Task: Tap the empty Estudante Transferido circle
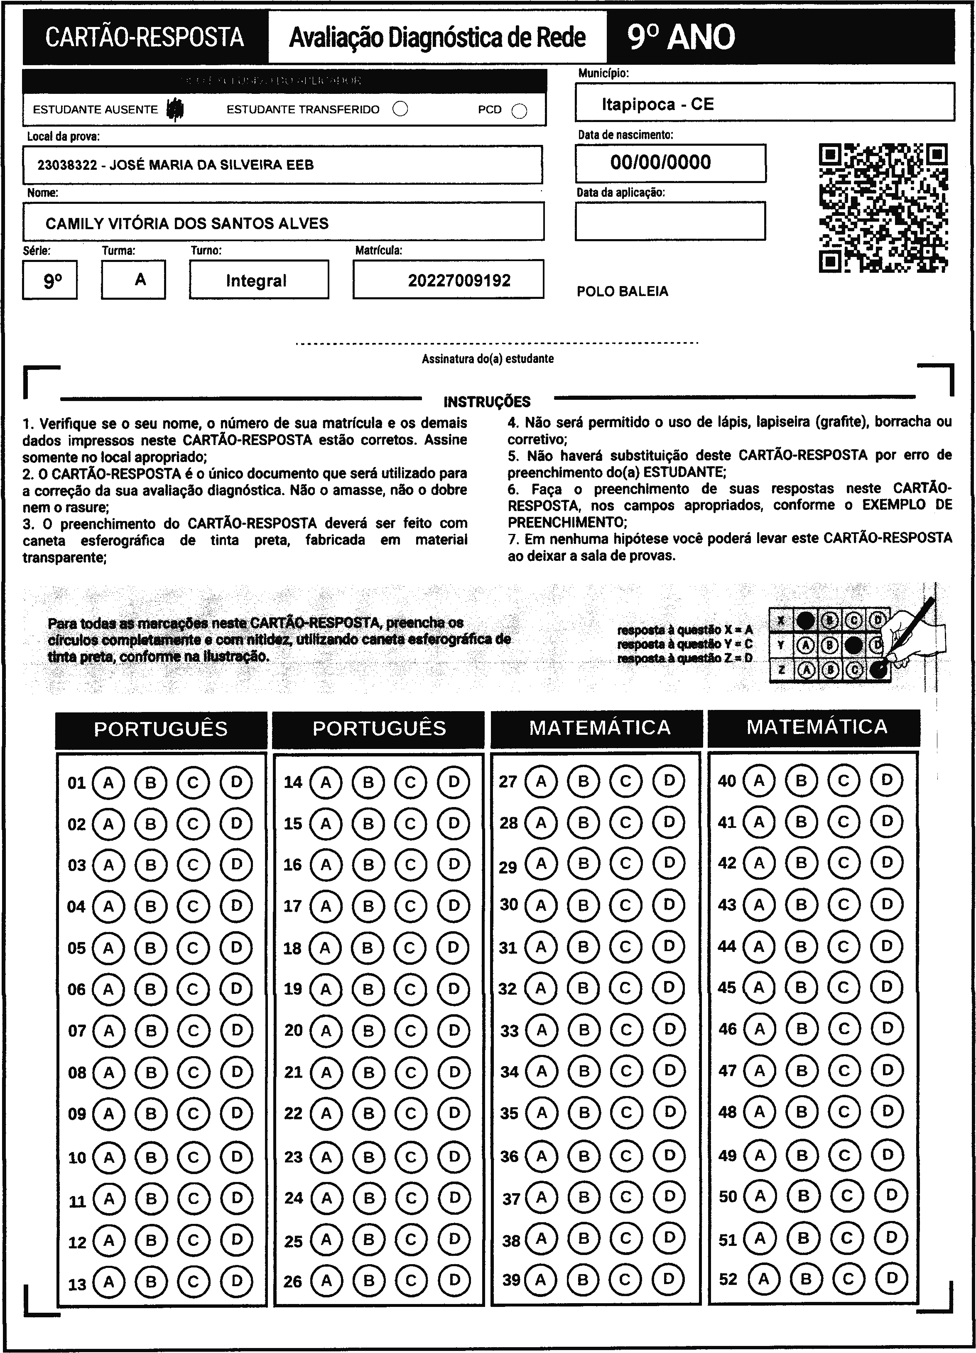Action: click(x=400, y=109)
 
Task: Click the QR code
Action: click(x=883, y=208)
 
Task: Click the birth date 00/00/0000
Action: click(x=660, y=162)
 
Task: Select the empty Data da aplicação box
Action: click(x=670, y=221)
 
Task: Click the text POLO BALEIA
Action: click(x=622, y=292)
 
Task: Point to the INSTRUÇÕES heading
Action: click(x=486, y=401)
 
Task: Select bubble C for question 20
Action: click(x=410, y=1030)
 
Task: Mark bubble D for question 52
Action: click(x=892, y=1278)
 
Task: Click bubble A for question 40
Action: click(x=759, y=780)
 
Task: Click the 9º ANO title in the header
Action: click(x=681, y=37)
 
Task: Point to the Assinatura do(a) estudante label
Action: click(x=487, y=359)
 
